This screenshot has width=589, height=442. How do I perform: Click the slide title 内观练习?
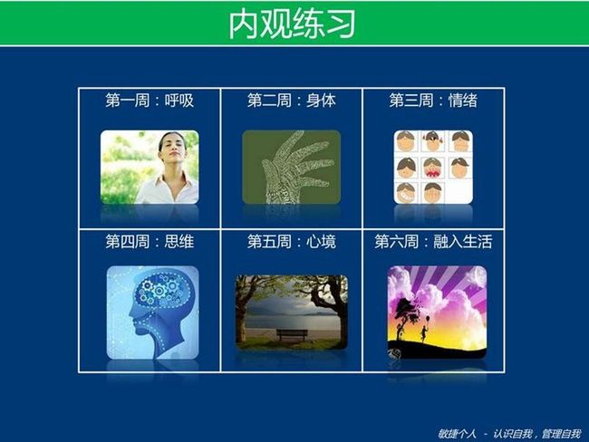click(292, 24)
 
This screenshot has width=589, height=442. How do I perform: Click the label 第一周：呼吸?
click(150, 101)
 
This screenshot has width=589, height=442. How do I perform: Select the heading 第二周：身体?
click(291, 101)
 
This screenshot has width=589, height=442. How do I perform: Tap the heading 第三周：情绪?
click(433, 101)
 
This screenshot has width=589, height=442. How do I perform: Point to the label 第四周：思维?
click(150, 242)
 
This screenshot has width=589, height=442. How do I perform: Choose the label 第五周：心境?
click(291, 242)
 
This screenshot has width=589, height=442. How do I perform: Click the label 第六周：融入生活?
click(433, 242)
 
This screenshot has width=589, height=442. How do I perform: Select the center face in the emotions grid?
click(433, 168)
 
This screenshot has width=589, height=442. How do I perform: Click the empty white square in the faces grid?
click(459, 192)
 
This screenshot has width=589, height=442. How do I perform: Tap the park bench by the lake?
click(292, 334)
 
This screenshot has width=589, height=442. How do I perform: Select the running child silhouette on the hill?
click(424, 331)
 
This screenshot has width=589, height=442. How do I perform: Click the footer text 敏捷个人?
click(457, 434)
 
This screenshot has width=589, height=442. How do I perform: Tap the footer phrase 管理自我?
click(561, 434)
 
